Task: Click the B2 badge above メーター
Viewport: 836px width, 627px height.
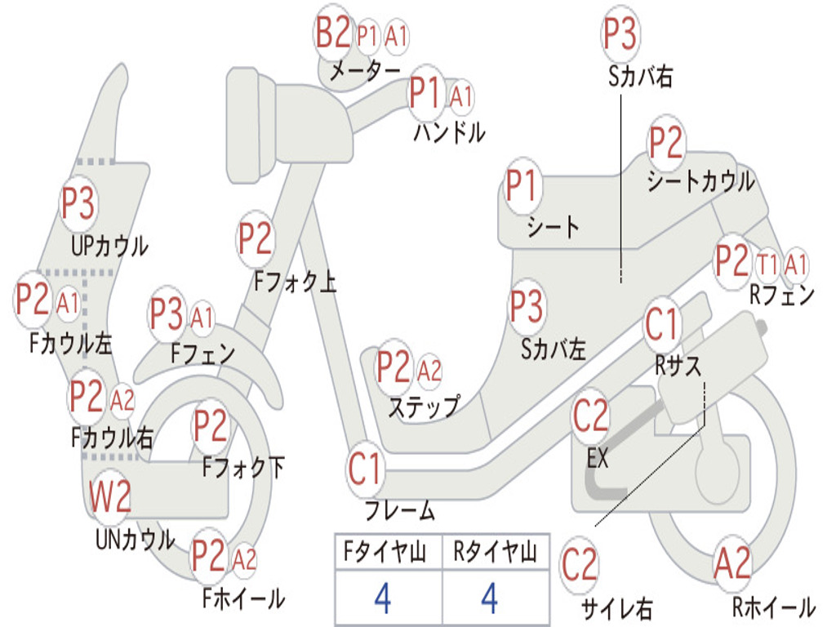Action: (x=333, y=35)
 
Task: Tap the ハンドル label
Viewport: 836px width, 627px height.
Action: (x=449, y=131)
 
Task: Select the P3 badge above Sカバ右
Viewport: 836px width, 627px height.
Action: (x=620, y=34)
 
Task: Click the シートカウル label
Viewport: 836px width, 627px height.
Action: (x=700, y=181)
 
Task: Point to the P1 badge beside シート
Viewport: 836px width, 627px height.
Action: (x=522, y=186)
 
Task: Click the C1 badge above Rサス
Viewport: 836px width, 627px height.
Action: (x=662, y=325)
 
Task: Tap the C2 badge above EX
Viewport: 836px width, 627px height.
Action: (x=591, y=416)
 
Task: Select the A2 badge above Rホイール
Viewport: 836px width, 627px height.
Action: (x=732, y=563)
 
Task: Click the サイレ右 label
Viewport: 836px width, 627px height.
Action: (x=616, y=608)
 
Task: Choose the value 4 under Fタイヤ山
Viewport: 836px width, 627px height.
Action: (x=382, y=598)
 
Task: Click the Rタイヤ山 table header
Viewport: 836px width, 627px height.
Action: (x=495, y=554)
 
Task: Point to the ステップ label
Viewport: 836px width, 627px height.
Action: (x=423, y=406)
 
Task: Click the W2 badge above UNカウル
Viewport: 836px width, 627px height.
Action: (x=110, y=496)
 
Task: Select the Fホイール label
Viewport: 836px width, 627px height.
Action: (x=243, y=598)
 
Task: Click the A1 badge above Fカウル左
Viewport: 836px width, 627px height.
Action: (x=69, y=304)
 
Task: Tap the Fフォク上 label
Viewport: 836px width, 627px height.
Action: (x=295, y=282)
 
